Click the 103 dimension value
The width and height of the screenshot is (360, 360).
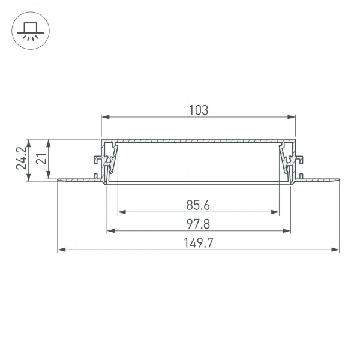click(x=198, y=110)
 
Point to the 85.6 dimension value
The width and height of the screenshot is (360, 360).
click(x=198, y=205)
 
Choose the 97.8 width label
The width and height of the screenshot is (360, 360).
click(x=198, y=224)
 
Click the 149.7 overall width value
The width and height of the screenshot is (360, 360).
click(x=198, y=243)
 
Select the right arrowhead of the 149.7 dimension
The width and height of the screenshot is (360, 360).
click(x=337, y=250)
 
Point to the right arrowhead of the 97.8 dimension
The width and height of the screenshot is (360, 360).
click(x=288, y=230)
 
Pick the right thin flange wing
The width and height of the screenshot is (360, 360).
click(x=321, y=179)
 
